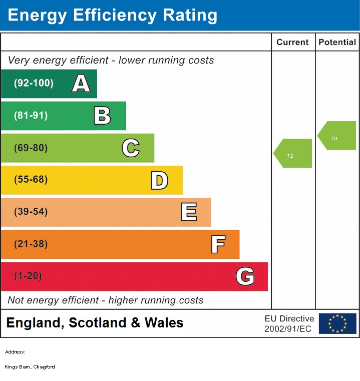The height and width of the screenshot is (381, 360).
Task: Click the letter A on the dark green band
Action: pos(81,84)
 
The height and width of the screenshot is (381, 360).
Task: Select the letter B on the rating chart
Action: pos(102,116)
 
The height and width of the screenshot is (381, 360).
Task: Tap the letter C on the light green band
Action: pos(131,148)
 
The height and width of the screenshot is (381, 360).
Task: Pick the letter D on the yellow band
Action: pos(159,180)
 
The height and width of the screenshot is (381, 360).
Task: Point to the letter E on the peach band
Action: pos(188,212)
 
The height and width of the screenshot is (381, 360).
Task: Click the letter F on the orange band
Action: pos(217,244)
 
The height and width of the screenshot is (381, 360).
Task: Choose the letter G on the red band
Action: pos(245,276)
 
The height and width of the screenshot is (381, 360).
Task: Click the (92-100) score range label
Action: pos(34,83)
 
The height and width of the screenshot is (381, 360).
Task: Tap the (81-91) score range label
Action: pos(31,116)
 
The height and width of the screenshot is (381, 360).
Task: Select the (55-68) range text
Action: pos(31,180)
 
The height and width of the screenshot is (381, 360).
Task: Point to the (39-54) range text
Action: pos(31,212)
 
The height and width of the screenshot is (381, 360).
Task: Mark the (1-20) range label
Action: pos(28,276)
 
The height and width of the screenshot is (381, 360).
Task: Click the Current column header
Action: pos(292,43)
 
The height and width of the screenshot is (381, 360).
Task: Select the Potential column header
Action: pos(337,43)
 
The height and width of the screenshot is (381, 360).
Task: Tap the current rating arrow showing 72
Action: pos(293,153)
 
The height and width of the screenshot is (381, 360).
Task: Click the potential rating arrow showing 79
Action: pos(337,136)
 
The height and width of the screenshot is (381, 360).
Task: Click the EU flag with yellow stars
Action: pos(337,323)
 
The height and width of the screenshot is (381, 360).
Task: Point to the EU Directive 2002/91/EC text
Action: pos(289,324)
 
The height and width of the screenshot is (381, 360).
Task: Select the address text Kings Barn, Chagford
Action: pos(30,367)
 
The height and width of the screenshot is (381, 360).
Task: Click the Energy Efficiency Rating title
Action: pos(113,16)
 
